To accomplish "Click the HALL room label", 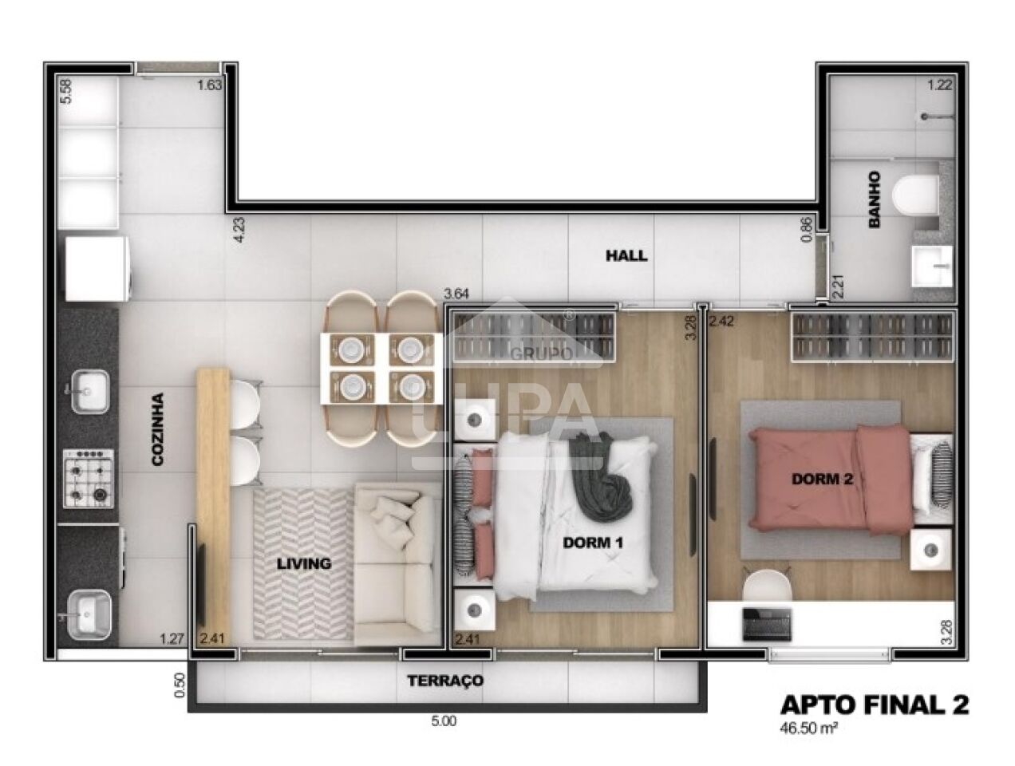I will coord(626,256).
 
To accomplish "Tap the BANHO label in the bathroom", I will coord(874,199).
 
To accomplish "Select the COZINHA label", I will coord(158,428).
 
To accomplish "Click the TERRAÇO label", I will coord(445,681).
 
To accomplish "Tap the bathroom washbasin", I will coord(931,266).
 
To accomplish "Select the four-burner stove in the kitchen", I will coord(89,478).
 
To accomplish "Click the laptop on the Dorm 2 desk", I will coord(766,623).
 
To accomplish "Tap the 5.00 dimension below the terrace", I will coord(444,721).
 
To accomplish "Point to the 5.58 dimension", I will coord(67,91).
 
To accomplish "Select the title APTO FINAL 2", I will coord(874,705).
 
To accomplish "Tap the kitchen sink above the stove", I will coord(89,392).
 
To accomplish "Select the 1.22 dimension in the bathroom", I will coord(939,85).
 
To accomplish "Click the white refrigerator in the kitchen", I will coord(94,269).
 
